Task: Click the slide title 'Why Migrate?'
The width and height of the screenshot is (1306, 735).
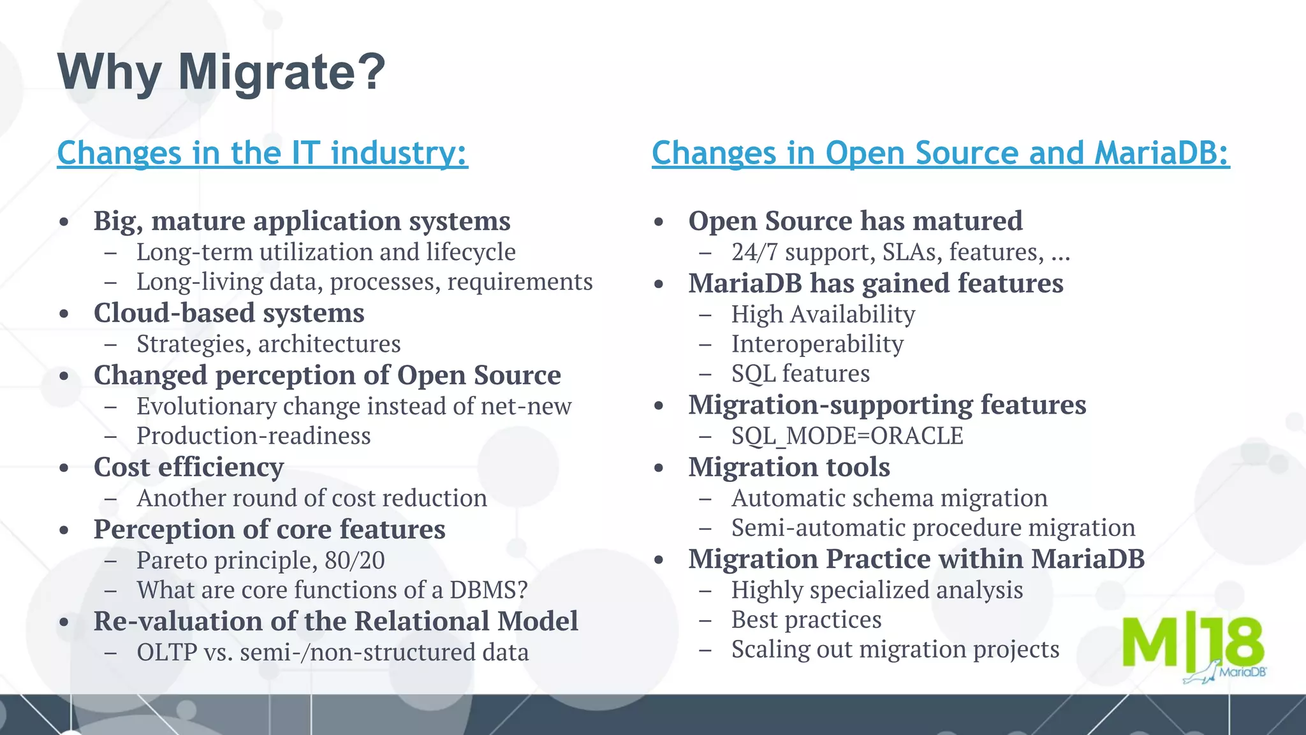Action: coord(221,72)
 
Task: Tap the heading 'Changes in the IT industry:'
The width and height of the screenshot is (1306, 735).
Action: coord(262,153)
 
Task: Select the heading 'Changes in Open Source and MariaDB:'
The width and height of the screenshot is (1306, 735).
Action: coord(940,153)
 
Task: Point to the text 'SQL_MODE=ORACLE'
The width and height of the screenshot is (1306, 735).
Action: coord(847,436)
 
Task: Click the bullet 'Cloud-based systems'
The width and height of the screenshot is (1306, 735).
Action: coord(229,313)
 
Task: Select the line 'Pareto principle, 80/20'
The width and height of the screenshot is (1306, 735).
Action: coord(260,560)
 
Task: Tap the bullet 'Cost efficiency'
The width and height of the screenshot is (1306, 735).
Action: coord(189,467)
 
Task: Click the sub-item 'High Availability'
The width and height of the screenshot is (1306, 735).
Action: coord(823,314)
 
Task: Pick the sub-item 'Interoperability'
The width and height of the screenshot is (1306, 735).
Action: coord(817,344)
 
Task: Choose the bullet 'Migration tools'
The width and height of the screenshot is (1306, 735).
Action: coord(789,467)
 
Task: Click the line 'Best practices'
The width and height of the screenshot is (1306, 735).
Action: coord(806,620)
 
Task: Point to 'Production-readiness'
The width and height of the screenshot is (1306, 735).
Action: coord(253,436)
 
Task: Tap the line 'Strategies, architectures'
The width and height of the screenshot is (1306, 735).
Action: coord(268,344)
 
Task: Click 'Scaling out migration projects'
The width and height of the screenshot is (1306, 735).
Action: coord(895,650)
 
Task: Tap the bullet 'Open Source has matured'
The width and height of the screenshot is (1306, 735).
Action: coord(855,221)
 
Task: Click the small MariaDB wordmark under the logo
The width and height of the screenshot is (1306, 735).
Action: coord(1242,672)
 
